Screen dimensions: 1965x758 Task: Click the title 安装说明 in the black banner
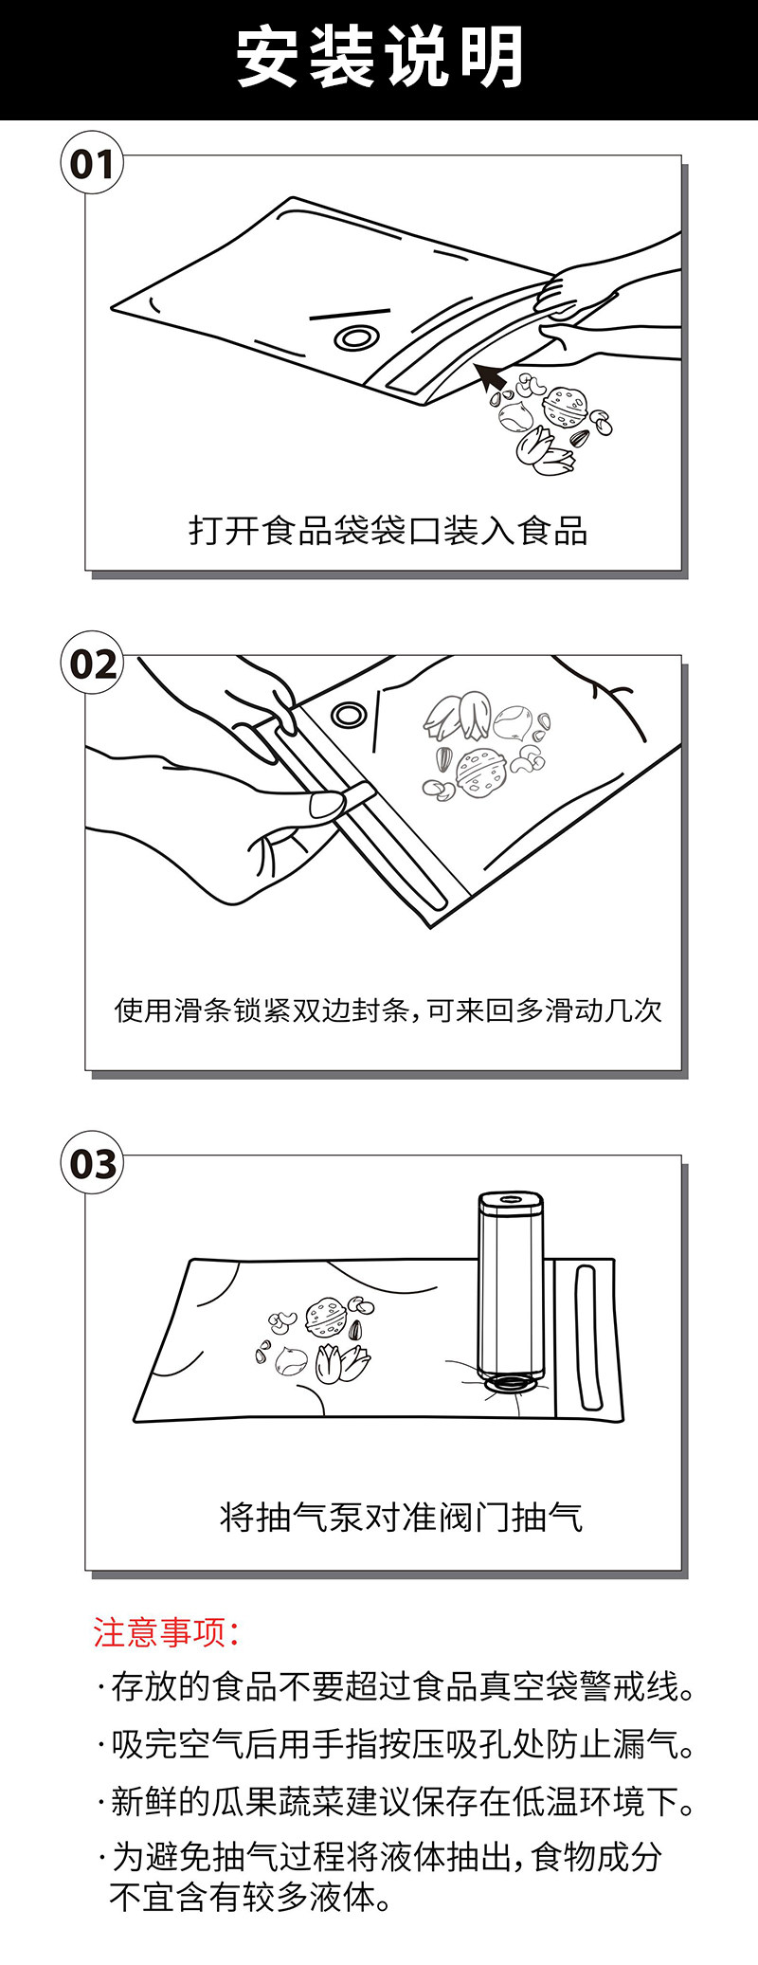379,57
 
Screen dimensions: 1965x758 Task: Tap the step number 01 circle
93,164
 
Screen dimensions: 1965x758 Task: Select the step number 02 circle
93,664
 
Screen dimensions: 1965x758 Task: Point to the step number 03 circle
93,1163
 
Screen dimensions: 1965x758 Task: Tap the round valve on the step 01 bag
354,338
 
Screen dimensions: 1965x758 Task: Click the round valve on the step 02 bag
348,714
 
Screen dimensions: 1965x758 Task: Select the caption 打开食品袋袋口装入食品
388,531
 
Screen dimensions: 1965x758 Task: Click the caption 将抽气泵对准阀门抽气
401,1518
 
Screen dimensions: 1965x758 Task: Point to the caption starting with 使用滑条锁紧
388,1010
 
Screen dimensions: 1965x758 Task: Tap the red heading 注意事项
166,1632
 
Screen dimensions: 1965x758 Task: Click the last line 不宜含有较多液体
251,1898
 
